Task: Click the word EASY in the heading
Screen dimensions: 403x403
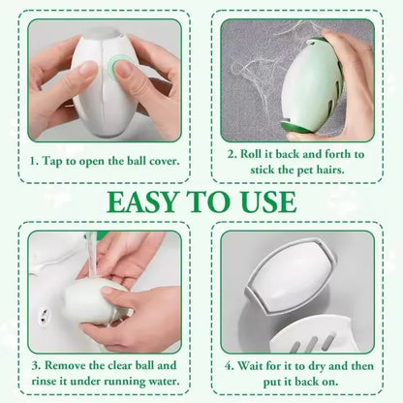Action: pyautogui.click(x=143, y=201)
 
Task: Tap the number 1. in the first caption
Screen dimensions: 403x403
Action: pyautogui.click(x=35, y=159)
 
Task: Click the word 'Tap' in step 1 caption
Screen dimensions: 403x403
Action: pyautogui.click(x=57, y=159)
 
